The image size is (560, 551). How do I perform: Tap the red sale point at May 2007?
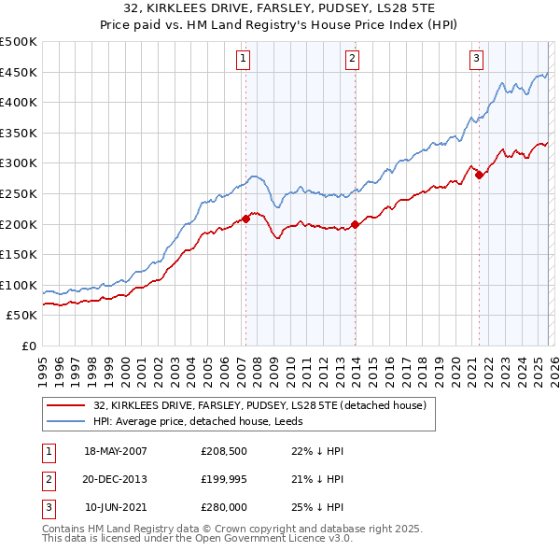tap(246, 219)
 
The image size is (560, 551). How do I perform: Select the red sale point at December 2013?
tap(355, 224)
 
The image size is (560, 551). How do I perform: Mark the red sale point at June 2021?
tap(479, 175)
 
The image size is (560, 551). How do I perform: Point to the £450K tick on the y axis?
tap(19, 73)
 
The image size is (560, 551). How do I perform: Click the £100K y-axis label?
tap(19, 285)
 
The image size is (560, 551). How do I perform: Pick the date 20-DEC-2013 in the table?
tap(116, 479)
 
